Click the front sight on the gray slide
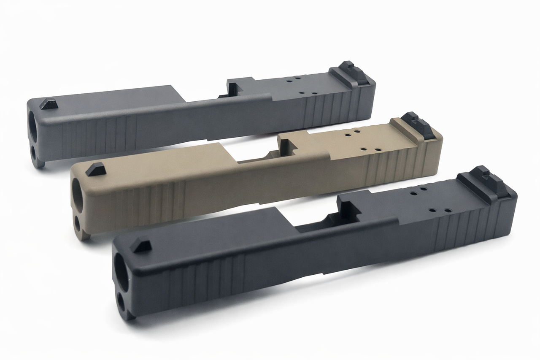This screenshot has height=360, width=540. click(x=49, y=104)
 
